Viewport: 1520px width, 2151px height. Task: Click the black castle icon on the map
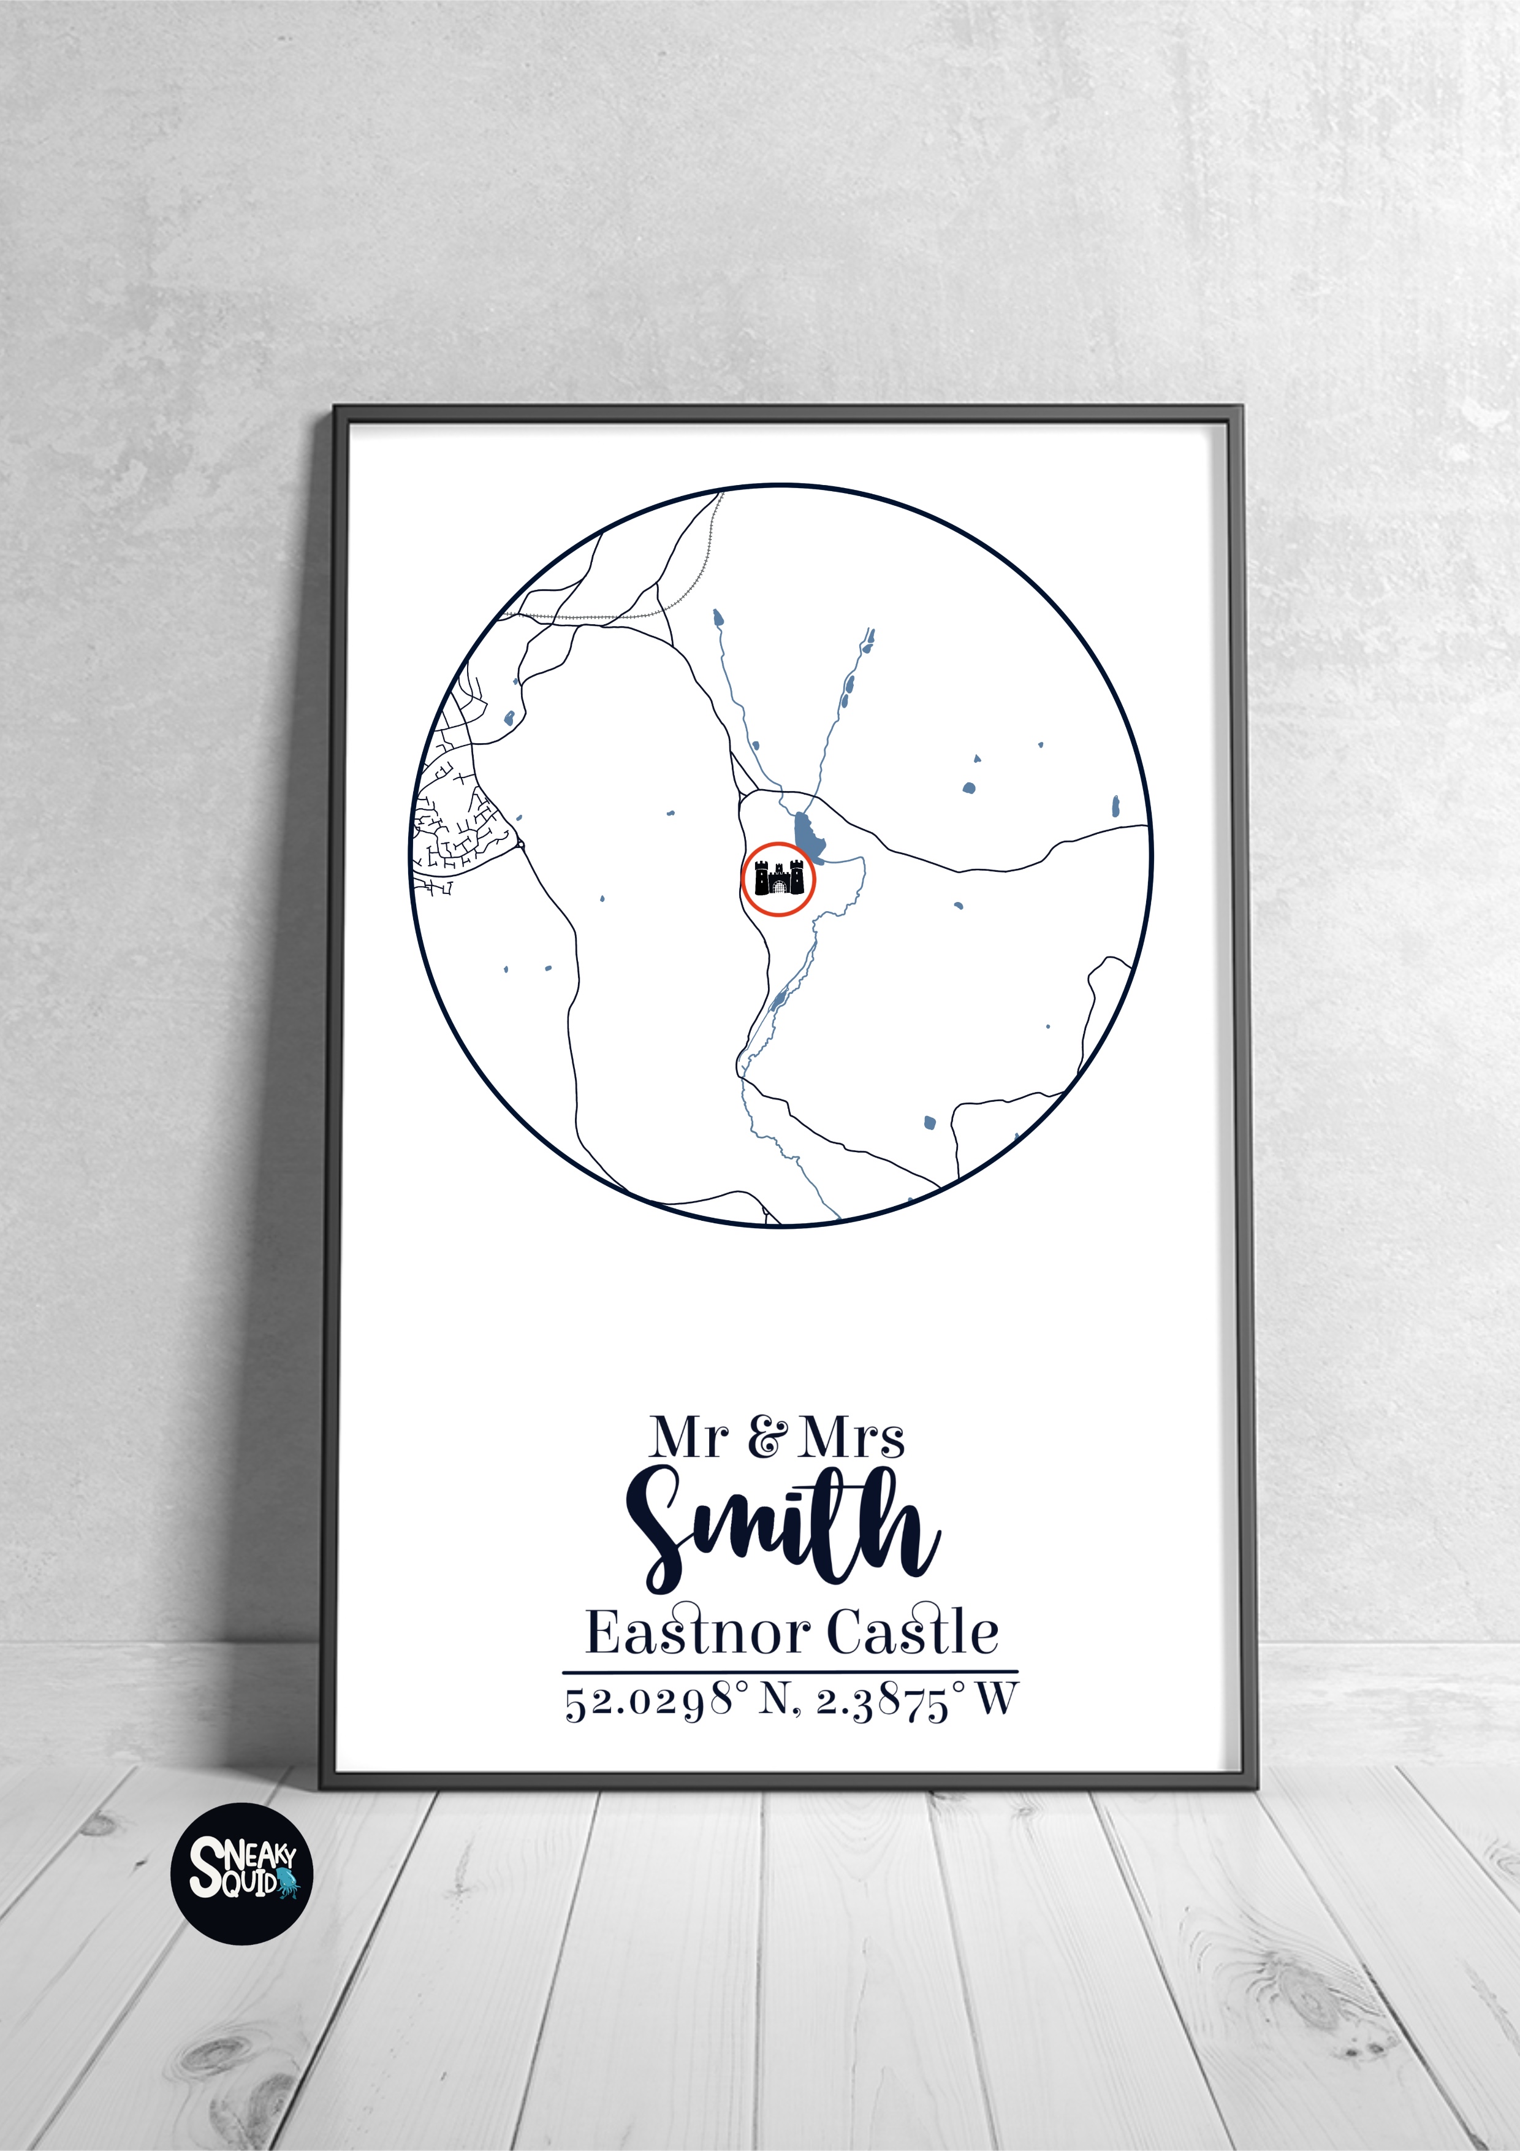pos(778,879)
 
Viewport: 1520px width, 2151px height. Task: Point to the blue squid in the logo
pos(287,1884)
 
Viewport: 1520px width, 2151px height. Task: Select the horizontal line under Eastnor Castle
pos(789,1672)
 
